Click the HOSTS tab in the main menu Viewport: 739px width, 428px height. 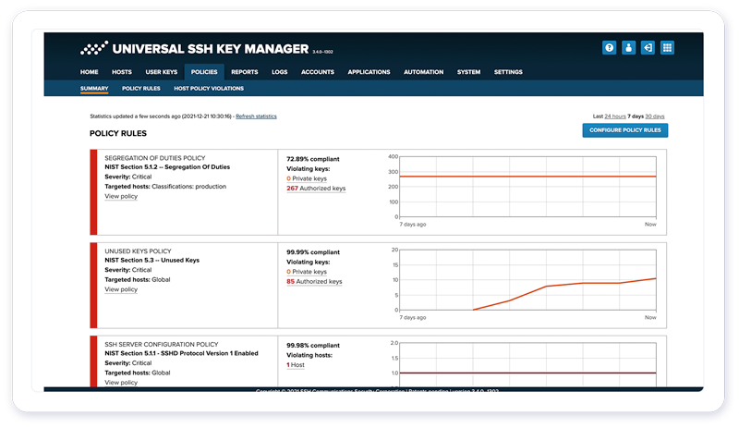pyautogui.click(x=122, y=71)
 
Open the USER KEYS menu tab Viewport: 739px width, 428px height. pyautogui.click(x=161, y=71)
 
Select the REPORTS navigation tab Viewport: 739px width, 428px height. pyautogui.click(x=244, y=71)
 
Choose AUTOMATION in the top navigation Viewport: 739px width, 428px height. pyautogui.click(x=423, y=71)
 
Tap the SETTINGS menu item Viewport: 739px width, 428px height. pyautogui.click(x=508, y=71)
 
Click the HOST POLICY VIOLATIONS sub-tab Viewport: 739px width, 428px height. pyautogui.click(x=209, y=89)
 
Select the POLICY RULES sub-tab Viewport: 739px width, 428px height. pyautogui.click(x=141, y=89)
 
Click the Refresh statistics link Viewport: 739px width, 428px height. pyautogui.click(x=256, y=116)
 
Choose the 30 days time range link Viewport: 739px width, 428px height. pyautogui.click(x=655, y=116)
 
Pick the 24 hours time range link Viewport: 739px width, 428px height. pyautogui.click(x=614, y=116)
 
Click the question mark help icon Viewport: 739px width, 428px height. pyautogui.click(x=610, y=48)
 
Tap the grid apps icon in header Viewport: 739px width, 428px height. pyautogui.click(x=668, y=48)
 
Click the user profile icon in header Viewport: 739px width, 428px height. pyautogui.click(x=629, y=48)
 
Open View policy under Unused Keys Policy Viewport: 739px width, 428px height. pyautogui.click(x=121, y=289)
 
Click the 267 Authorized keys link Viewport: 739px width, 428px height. pyautogui.click(x=316, y=189)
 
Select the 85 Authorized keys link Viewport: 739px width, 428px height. pyautogui.click(x=314, y=282)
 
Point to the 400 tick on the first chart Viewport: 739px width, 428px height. pyautogui.click(x=392, y=157)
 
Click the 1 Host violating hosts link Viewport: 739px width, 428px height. pyautogui.click(x=297, y=365)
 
